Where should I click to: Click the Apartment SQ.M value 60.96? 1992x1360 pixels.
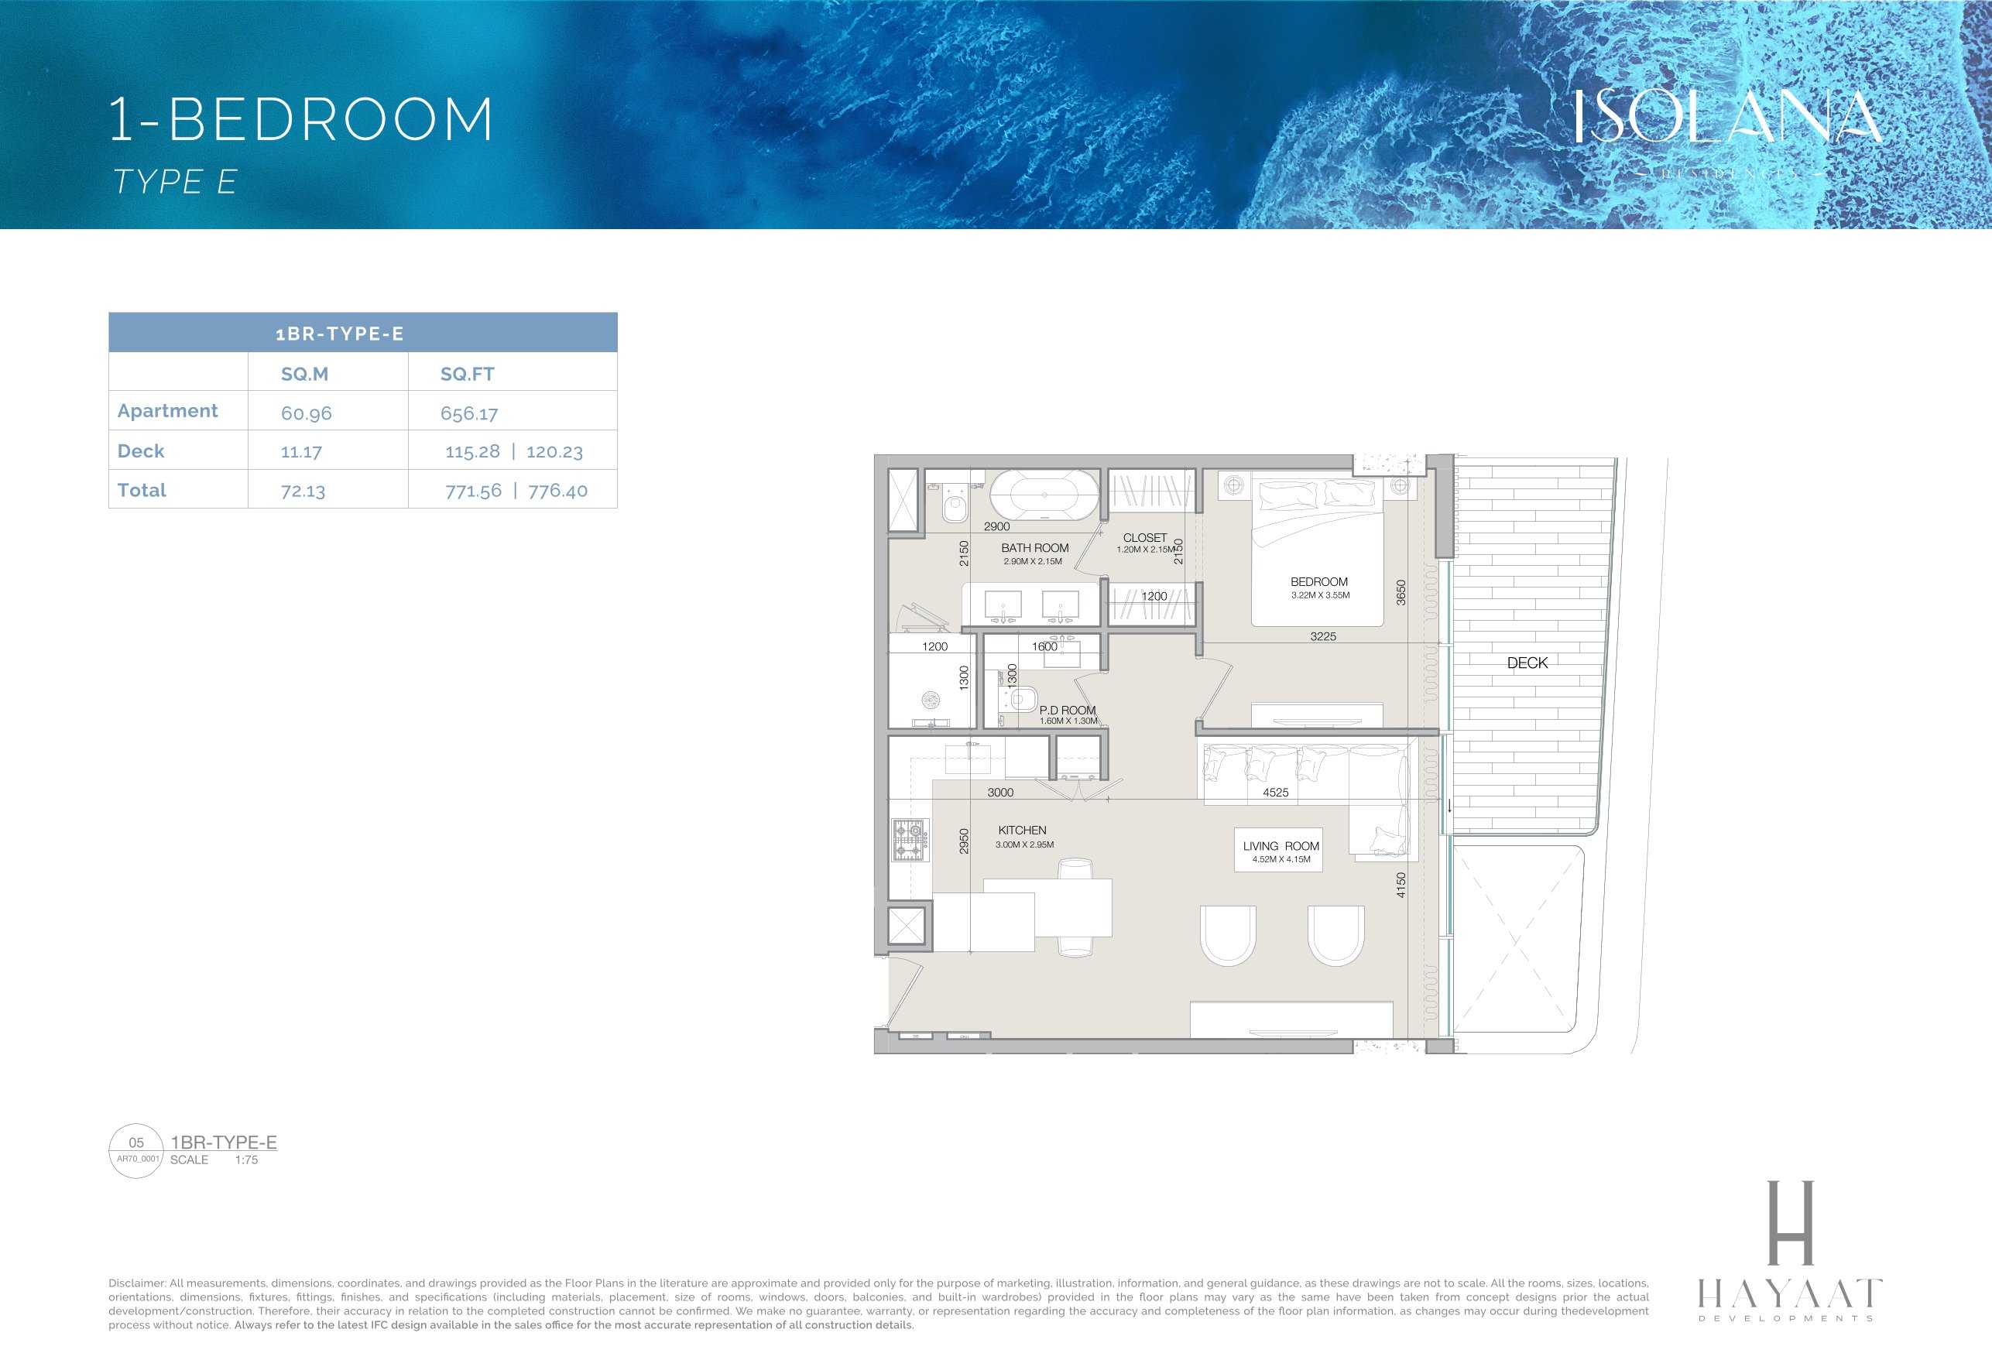click(x=306, y=413)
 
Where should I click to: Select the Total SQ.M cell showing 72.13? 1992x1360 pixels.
click(x=303, y=491)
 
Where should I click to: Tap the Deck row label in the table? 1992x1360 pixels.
click(x=141, y=450)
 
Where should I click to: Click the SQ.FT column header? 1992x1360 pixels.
click(x=467, y=374)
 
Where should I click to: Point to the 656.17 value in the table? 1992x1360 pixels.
click(x=469, y=413)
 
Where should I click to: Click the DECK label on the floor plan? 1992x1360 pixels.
click(x=1527, y=663)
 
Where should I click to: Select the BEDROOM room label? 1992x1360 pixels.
click(x=1318, y=582)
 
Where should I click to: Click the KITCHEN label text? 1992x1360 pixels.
click(x=1022, y=830)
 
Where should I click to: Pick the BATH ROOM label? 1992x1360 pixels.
click(x=1034, y=547)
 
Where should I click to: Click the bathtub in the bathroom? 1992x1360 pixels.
click(x=1044, y=495)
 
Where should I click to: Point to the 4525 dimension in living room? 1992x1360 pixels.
click(x=1274, y=793)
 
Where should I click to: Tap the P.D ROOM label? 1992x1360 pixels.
click(x=1067, y=710)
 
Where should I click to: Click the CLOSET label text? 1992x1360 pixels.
click(x=1144, y=537)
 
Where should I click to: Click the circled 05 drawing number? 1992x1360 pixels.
click(x=136, y=1142)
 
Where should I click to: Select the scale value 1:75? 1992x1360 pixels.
click(x=246, y=1160)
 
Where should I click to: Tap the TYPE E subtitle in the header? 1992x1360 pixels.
click(x=176, y=182)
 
